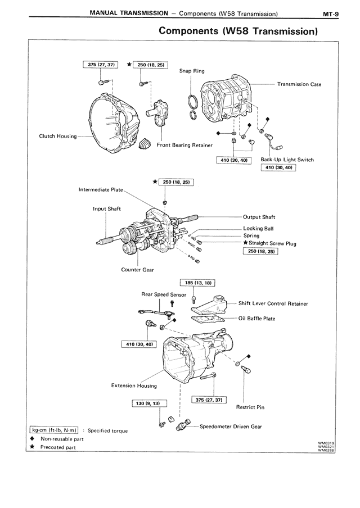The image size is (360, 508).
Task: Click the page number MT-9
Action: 331,13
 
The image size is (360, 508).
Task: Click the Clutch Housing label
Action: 58,136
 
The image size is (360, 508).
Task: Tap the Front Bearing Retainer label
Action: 184,145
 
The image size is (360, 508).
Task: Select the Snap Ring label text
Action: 192,71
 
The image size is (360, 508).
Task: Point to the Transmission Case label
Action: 299,84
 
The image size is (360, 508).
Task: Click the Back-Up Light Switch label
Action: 287,160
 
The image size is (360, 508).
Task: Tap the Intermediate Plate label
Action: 101,189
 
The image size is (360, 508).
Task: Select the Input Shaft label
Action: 107,209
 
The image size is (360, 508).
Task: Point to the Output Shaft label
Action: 259,217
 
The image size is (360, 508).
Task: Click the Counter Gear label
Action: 137,270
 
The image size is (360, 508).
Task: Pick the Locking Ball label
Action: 259,228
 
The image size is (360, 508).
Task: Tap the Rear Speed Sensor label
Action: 164,294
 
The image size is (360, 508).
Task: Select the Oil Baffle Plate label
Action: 257,319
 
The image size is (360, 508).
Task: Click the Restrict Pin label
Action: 250,407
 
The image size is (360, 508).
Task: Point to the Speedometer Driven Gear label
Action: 231,427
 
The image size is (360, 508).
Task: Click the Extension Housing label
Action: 134,386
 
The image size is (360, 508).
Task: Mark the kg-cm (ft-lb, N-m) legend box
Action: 54,430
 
